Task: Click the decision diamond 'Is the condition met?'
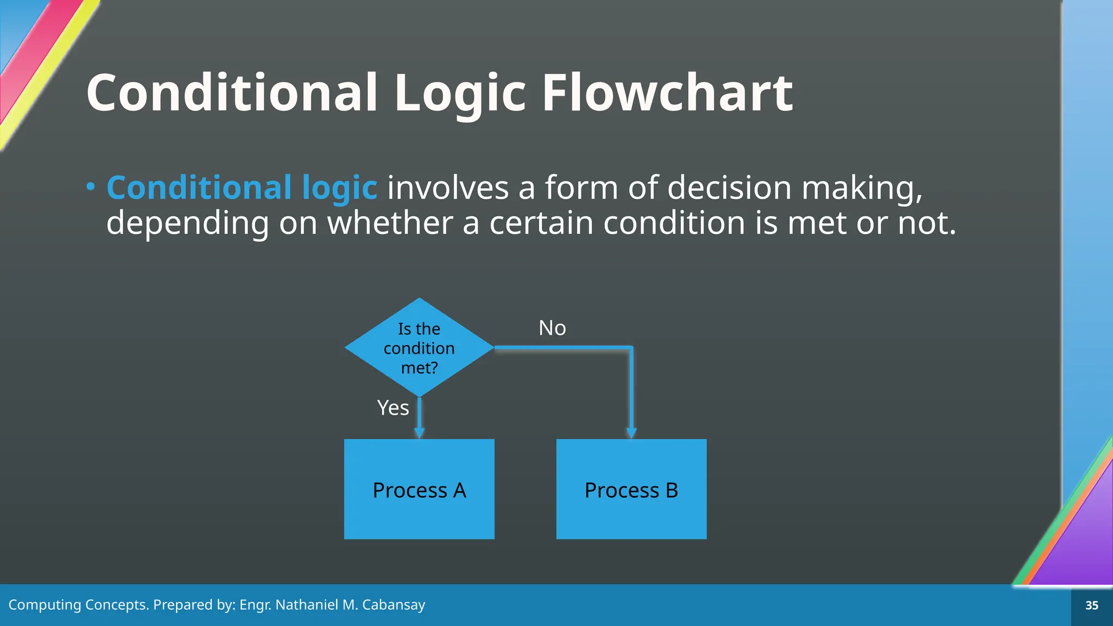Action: tap(419, 348)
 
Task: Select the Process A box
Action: tap(419, 489)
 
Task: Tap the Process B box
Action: tap(631, 489)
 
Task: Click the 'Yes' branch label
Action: tap(393, 408)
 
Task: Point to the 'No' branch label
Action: tap(552, 328)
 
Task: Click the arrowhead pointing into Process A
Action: tap(419, 433)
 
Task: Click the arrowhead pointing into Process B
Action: tap(631, 433)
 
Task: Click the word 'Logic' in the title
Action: tap(460, 93)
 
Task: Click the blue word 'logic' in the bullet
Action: tap(339, 188)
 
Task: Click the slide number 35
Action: tap(1092, 605)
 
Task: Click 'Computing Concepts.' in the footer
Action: tap(78, 605)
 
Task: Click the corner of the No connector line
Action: tap(631, 348)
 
